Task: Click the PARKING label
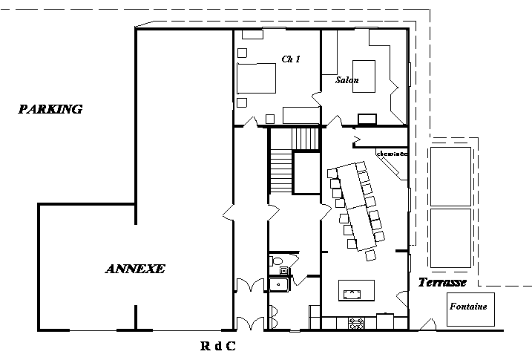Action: (x=50, y=110)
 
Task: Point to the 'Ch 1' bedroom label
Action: (x=290, y=59)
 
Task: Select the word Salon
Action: (x=347, y=80)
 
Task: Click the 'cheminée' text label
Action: (x=393, y=154)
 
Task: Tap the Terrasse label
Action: (x=441, y=283)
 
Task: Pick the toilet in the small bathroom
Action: (x=278, y=261)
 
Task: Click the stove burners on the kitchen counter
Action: (x=356, y=323)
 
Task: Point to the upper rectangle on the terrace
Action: (x=450, y=176)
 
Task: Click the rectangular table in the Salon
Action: (x=364, y=75)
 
